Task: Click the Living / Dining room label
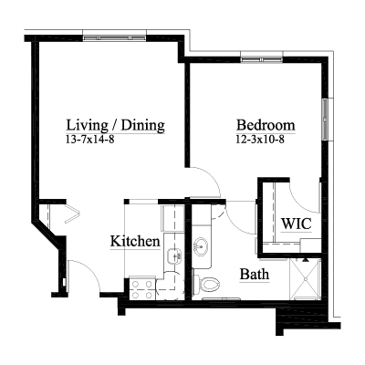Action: click(116, 125)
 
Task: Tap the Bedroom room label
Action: click(266, 125)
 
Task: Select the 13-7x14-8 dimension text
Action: click(90, 140)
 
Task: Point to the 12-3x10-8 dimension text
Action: click(260, 140)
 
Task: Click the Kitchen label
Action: click(135, 241)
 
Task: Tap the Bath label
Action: click(255, 274)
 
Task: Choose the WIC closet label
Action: click(297, 224)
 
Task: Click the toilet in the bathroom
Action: click(207, 285)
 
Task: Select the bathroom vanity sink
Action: click(201, 246)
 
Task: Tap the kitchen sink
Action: click(174, 255)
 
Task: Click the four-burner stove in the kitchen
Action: click(142, 289)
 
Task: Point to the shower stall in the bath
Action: click(305, 279)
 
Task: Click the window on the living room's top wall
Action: click(115, 38)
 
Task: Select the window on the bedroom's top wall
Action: click(262, 59)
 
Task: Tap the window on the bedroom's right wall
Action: click(325, 120)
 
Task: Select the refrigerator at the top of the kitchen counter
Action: click(173, 219)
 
